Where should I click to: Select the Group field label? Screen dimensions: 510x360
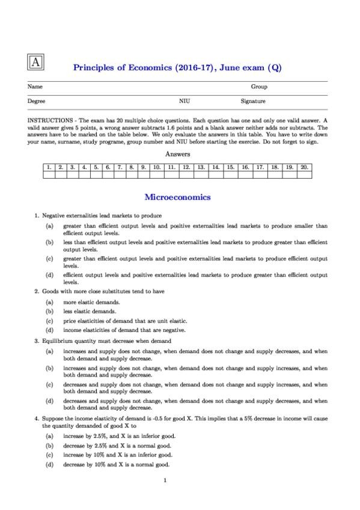259,87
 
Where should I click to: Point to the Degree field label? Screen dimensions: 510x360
37,102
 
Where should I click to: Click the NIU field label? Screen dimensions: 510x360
185,102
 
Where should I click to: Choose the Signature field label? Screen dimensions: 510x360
253,102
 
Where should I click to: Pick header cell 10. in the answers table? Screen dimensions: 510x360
156,166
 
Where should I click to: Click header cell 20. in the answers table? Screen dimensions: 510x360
304,166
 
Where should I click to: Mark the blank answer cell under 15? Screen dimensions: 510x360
230,174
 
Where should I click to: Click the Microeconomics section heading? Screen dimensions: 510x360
177,197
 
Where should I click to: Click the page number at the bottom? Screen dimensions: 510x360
165,480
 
